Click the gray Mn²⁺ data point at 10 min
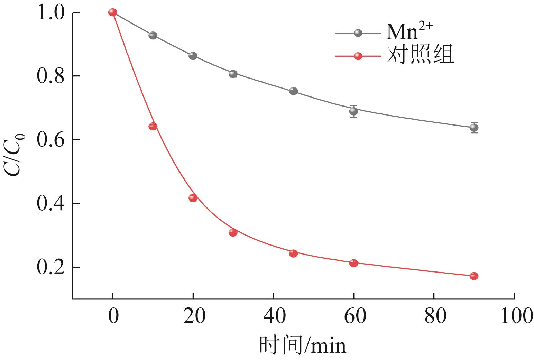[153, 36]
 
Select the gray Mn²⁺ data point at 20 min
[193, 56]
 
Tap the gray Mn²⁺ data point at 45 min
[293, 91]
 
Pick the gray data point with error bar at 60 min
[353, 111]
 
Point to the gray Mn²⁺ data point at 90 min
[474, 128]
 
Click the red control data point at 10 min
[153, 126]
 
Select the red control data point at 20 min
[193, 198]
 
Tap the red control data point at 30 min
[233, 232]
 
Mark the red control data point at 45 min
[293, 253]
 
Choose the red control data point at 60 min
[353, 263]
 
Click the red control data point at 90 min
[474, 276]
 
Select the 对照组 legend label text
[420, 55]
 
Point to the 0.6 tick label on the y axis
[50, 140]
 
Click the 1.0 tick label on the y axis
[50, 13]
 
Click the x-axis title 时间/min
[302, 345]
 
